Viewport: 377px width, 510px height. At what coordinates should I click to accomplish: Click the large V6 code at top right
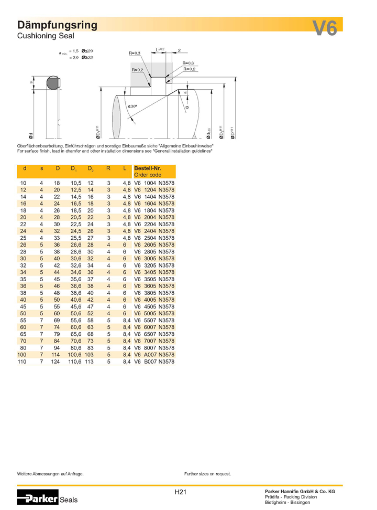pos(325,28)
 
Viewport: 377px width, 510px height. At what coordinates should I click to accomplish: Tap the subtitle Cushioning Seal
pos(46,36)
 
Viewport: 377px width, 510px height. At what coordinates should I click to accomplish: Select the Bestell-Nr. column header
pos(148,168)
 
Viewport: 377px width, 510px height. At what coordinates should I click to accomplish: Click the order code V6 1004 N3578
pos(154,183)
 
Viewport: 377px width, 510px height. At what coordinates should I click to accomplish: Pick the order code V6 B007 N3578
pos(154,362)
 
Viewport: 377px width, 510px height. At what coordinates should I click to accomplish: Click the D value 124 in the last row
pos(57,362)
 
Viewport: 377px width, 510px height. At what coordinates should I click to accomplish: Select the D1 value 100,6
pos(75,355)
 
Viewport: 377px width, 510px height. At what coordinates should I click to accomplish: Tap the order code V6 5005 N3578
pos(154,313)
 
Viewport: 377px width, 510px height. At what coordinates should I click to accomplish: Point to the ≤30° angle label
pos(132,107)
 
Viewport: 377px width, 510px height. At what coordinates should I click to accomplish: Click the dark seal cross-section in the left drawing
pos(52,83)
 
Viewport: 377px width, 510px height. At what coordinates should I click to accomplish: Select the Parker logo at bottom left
pos(37,498)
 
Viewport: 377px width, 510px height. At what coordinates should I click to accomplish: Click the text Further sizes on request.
pos(207,474)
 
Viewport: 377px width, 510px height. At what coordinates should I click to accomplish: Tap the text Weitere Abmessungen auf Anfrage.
pos(50,474)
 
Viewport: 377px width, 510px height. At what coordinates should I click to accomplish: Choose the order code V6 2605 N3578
pos(154,245)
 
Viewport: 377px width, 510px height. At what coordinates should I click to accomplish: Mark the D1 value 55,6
pos(75,320)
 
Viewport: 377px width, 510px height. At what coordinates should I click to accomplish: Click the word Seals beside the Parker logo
pos(69,500)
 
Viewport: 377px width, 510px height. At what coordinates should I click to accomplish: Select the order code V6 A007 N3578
pos(154,355)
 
